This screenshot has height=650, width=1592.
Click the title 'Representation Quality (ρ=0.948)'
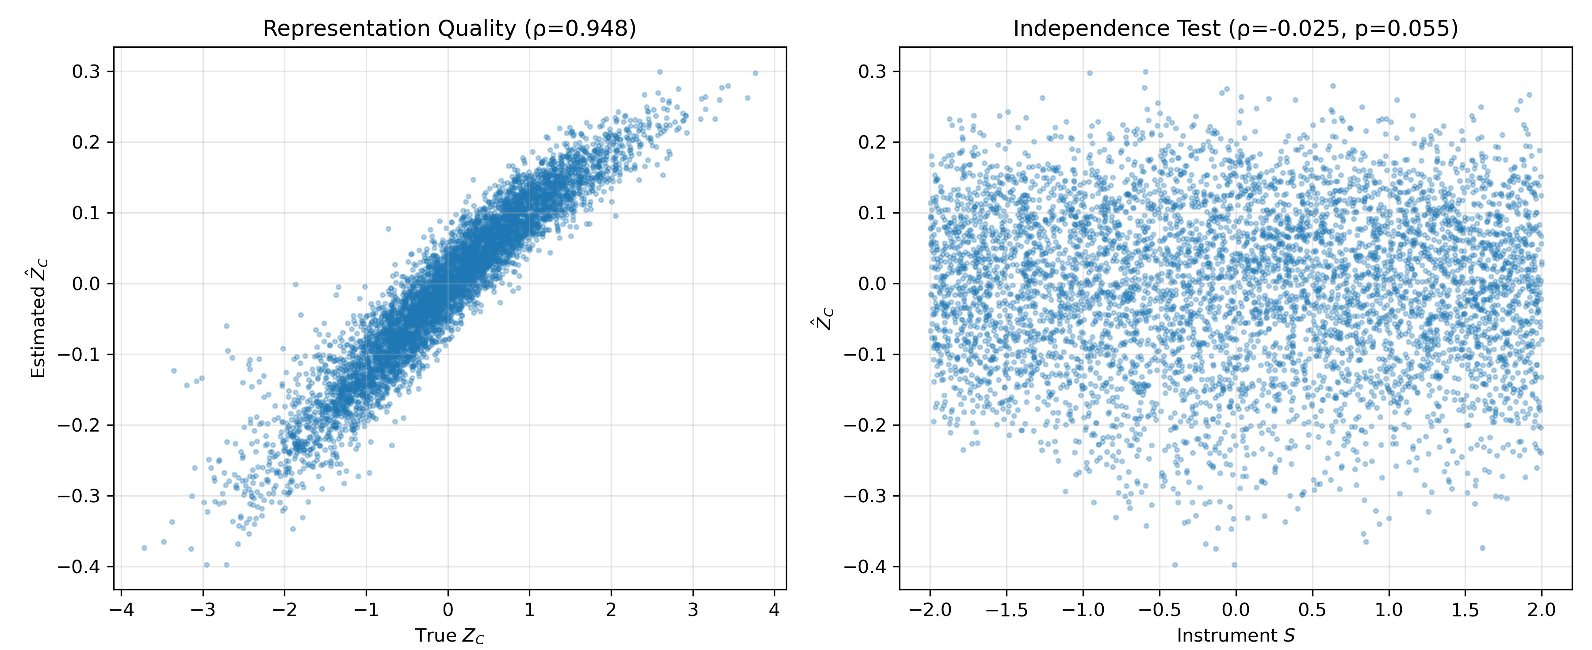pyautogui.click(x=449, y=28)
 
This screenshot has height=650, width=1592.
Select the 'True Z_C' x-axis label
pyautogui.click(x=449, y=636)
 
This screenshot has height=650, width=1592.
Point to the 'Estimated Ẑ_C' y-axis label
pyautogui.click(x=39, y=318)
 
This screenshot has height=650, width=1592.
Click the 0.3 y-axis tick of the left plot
pyautogui.click(x=85, y=72)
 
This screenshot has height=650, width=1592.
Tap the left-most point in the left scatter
pyautogui.click(x=144, y=548)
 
